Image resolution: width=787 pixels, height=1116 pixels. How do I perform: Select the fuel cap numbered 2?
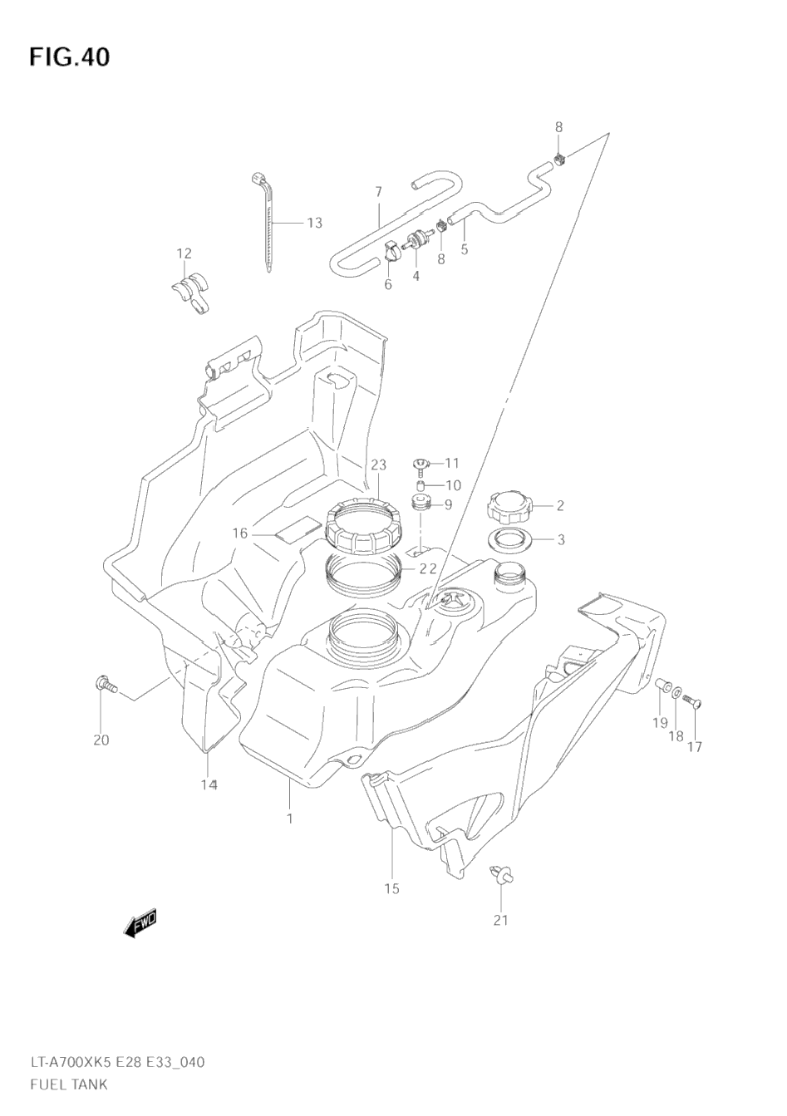[507, 506]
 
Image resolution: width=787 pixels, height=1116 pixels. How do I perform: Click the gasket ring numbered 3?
[507, 540]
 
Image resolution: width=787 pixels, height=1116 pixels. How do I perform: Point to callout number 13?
[313, 223]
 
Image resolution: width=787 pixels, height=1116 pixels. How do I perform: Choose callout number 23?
[379, 465]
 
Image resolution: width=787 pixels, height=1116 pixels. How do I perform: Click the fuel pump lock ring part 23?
[364, 525]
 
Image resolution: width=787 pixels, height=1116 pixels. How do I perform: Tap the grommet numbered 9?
[421, 504]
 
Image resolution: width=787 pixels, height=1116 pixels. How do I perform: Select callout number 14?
[208, 784]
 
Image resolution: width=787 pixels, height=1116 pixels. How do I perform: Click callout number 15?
[391, 888]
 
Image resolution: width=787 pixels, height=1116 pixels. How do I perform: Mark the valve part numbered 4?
[413, 243]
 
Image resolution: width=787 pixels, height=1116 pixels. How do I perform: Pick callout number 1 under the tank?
[289, 819]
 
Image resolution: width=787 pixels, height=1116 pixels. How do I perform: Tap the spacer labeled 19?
[662, 686]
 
